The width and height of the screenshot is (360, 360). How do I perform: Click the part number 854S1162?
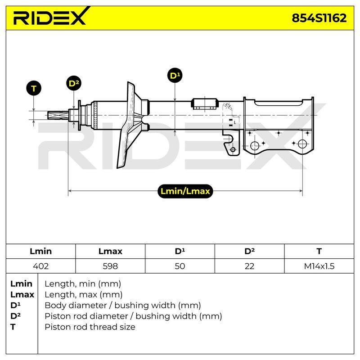pos(319,18)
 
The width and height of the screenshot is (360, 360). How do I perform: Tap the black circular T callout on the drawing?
pos(34,88)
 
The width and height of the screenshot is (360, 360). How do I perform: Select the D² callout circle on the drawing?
pos(74,83)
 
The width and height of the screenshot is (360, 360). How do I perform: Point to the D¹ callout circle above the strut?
pos(175,76)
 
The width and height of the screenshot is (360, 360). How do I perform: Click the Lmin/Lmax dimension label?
pos(185,191)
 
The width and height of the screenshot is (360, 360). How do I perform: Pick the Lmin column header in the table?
pos(40,251)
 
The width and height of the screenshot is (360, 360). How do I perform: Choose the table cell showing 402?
pos(40,266)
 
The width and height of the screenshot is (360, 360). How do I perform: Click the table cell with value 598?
pos(110,266)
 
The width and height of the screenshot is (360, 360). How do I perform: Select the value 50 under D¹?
pos(180,266)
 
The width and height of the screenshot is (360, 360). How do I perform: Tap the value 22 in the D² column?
pos(249,266)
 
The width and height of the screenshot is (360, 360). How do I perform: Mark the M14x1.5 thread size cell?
pos(319,266)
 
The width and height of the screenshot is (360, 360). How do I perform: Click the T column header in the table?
pos(319,251)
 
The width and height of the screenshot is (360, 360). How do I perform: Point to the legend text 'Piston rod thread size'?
pos(90,327)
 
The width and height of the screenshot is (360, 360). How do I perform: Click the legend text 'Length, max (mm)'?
pos(83,294)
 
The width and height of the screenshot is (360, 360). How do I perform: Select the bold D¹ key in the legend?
pos(15,305)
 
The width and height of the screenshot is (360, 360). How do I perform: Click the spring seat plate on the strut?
pos(127,125)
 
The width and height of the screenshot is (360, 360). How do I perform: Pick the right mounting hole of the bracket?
pos(302,144)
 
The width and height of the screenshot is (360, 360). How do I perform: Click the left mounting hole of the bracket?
pos(255,146)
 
